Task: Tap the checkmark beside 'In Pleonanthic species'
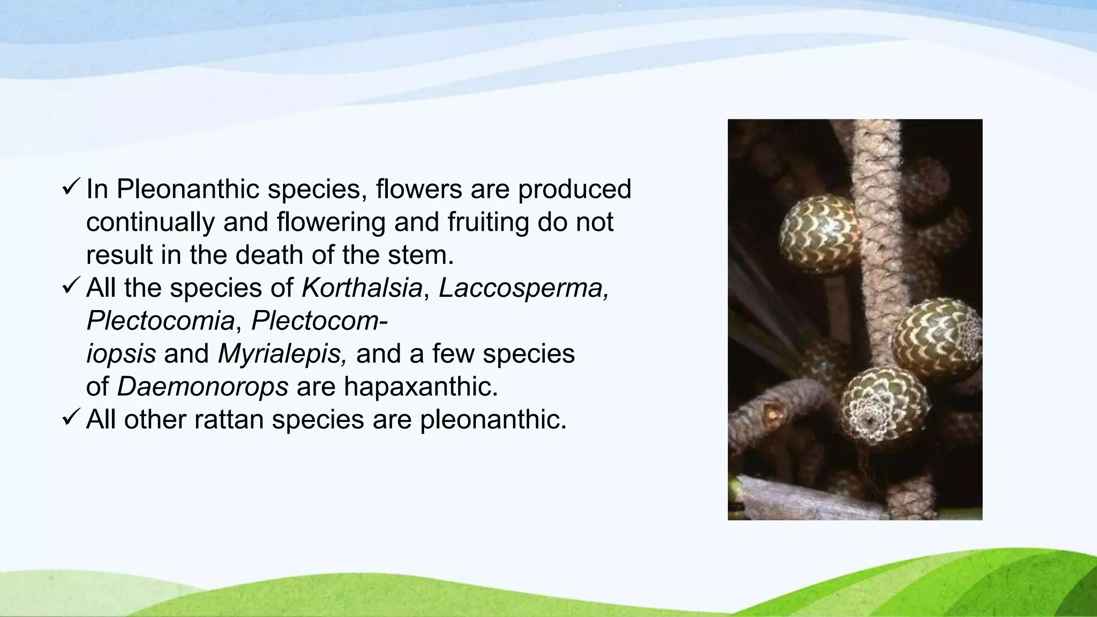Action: point(71,187)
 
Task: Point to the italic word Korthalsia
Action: point(362,288)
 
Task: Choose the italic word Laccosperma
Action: point(523,288)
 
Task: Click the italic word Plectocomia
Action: point(160,321)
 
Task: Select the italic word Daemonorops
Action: point(202,387)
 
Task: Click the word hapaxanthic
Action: point(420,387)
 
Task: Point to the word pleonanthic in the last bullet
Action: point(493,419)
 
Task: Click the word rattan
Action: point(229,419)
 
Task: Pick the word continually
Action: point(150,222)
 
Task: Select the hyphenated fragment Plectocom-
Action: point(319,321)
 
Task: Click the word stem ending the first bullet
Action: point(427,255)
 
